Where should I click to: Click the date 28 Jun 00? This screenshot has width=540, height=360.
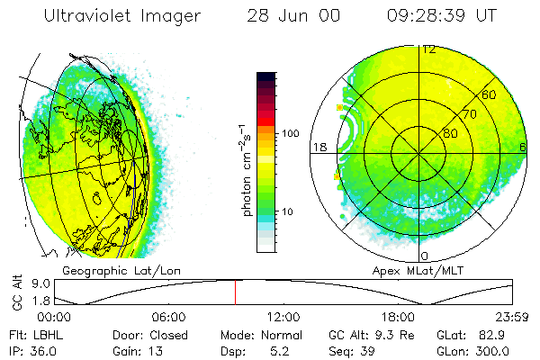293,15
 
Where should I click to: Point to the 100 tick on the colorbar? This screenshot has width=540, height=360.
290,133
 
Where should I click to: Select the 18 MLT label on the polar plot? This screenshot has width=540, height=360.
318,147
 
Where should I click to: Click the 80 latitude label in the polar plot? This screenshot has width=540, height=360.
449,134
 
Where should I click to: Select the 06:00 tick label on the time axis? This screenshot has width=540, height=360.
169,318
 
